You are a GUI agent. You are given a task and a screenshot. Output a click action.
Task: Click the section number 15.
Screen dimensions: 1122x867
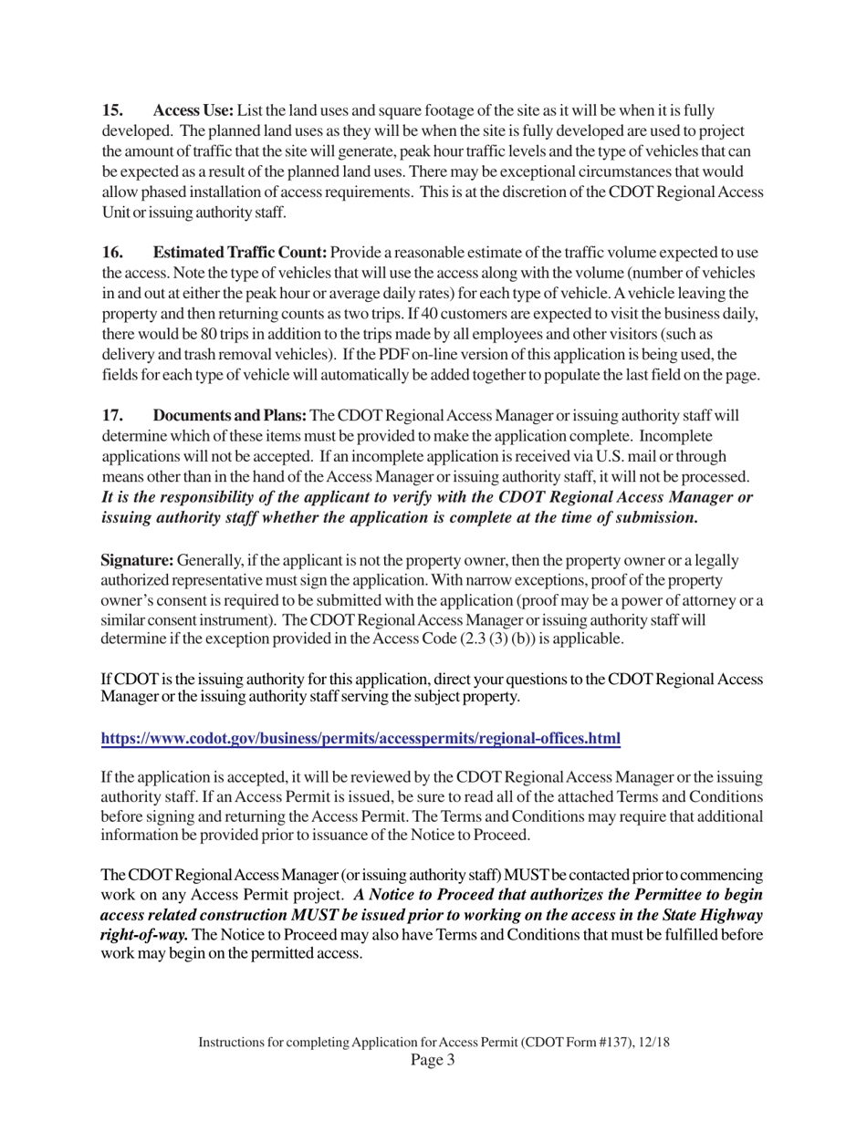(x=112, y=110)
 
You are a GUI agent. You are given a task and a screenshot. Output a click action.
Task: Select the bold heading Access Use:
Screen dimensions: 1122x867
(x=193, y=110)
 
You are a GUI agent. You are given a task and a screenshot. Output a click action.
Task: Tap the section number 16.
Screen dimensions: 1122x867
(x=112, y=253)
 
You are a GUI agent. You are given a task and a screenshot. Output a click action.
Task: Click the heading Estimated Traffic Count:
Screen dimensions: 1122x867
(x=240, y=253)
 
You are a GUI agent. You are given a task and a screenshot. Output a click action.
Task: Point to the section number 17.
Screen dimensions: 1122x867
(x=112, y=416)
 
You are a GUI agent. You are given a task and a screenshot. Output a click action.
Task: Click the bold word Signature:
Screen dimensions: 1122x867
(x=137, y=560)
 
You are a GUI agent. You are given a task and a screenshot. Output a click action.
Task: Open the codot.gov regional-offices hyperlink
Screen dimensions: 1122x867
(x=360, y=738)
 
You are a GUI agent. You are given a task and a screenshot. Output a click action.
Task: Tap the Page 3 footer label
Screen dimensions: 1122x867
(x=433, y=1059)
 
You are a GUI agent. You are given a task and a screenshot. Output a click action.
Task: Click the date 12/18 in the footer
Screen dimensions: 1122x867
(x=653, y=1042)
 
